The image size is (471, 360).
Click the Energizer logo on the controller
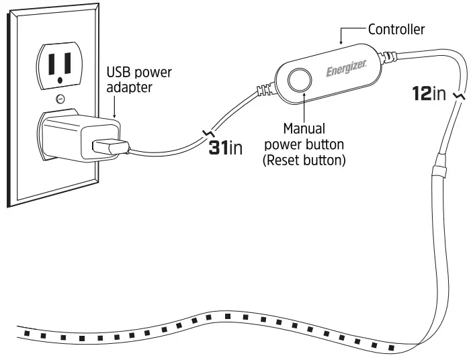[346, 70]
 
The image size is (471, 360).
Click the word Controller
[396, 30]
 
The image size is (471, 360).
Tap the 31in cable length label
[225, 148]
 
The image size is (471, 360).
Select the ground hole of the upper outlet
[60, 80]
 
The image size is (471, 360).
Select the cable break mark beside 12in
[459, 97]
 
